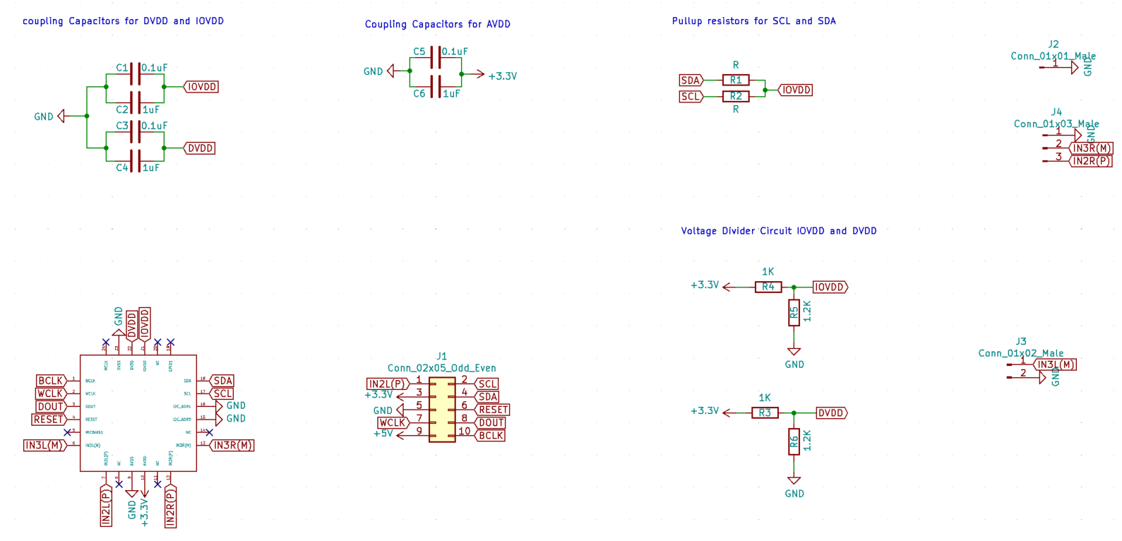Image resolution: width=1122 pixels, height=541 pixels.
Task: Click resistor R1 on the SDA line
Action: pos(736,80)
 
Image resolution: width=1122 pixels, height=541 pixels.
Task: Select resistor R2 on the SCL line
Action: pos(736,96)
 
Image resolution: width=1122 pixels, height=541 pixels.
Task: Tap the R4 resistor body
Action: pos(768,287)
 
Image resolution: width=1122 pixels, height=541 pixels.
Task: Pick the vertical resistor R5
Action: pos(794,313)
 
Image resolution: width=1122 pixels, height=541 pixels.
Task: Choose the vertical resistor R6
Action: pos(794,442)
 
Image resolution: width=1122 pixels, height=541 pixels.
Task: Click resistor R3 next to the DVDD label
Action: pos(765,412)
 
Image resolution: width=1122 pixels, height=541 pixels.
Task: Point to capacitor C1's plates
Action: pos(135,73)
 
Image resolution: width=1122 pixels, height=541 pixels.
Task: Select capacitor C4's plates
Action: pos(135,161)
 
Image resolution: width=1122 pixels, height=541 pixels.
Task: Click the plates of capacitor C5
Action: pos(436,57)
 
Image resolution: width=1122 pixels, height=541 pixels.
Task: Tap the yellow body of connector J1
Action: pos(442,410)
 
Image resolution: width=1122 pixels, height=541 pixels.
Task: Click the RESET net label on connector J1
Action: pos(492,410)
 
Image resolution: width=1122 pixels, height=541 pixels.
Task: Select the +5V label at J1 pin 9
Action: pos(383,434)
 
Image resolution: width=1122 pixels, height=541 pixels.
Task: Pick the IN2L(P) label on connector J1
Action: pos(388,384)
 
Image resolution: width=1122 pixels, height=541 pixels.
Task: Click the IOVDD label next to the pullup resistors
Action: pos(796,90)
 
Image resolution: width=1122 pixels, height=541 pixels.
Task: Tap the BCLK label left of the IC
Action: pos(51,381)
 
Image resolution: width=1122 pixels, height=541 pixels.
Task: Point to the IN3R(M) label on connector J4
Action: pos(1092,148)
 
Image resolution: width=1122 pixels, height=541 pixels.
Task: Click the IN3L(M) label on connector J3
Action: pos(1056,364)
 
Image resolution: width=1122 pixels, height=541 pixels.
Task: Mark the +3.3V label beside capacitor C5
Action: pos(502,76)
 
